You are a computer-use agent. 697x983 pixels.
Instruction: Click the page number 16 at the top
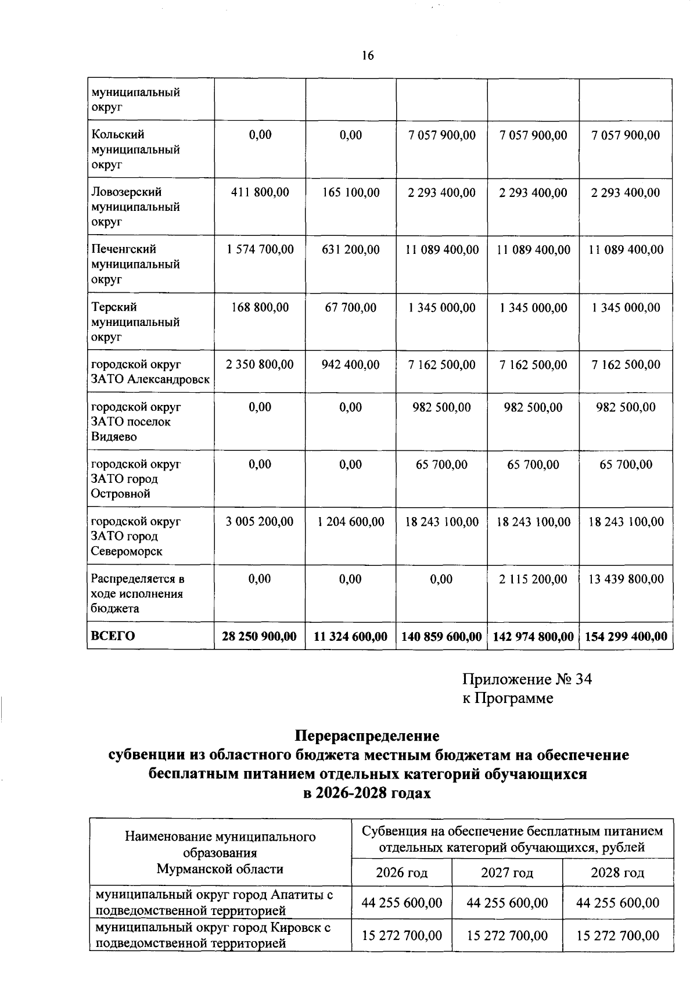tap(367, 56)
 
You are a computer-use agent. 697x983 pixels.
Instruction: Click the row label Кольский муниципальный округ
tap(135, 149)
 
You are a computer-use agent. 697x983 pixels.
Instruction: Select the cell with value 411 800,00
tap(260, 192)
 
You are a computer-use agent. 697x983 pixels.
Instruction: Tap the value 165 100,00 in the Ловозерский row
tap(351, 192)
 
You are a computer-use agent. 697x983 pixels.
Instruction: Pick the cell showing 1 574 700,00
tap(260, 250)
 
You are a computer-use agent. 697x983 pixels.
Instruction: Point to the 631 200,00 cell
tap(351, 250)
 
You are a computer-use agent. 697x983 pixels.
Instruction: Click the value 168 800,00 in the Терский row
tap(260, 307)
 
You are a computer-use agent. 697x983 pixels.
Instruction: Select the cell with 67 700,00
tap(351, 307)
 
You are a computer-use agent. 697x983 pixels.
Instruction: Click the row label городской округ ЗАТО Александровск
tap(150, 372)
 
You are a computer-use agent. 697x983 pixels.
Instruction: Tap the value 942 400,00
tap(351, 365)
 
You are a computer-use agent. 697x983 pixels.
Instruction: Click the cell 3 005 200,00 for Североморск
tap(260, 522)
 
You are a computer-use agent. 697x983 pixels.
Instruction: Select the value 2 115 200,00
tap(533, 579)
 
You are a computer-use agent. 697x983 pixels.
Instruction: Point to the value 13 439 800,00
tap(626, 579)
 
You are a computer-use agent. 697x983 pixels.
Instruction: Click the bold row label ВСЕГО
tap(113, 636)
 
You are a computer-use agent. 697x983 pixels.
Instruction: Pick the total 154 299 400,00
tap(626, 637)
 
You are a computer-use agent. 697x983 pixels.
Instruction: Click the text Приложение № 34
tap(527, 679)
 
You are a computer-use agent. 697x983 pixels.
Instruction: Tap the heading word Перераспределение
tap(367, 736)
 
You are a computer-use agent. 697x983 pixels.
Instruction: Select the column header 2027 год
tap(506, 873)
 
